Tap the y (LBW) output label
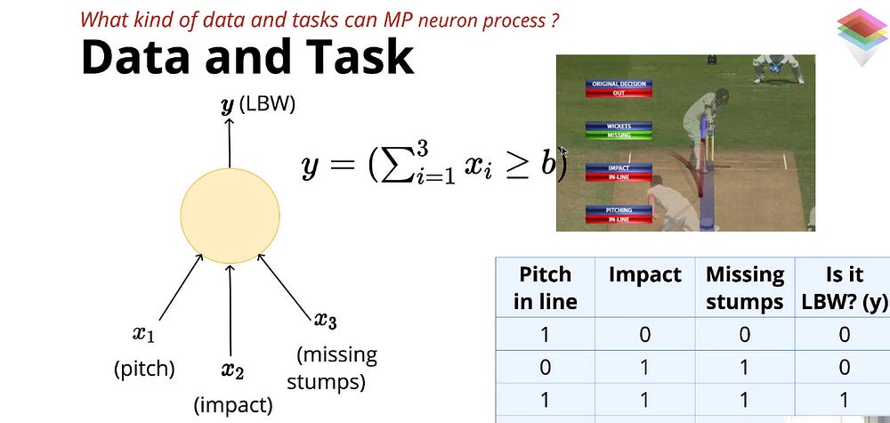click(257, 104)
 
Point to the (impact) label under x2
click(233, 405)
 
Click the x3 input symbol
click(326, 320)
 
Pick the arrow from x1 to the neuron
click(170, 289)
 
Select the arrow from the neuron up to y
click(230, 142)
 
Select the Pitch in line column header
click(545, 288)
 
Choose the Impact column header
click(644, 275)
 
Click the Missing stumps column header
click(744, 288)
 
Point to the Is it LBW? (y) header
click(844, 288)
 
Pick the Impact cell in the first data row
click(644, 334)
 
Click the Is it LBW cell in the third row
click(844, 400)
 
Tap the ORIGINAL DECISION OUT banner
click(619, 88)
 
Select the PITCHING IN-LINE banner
click(619, 215)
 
